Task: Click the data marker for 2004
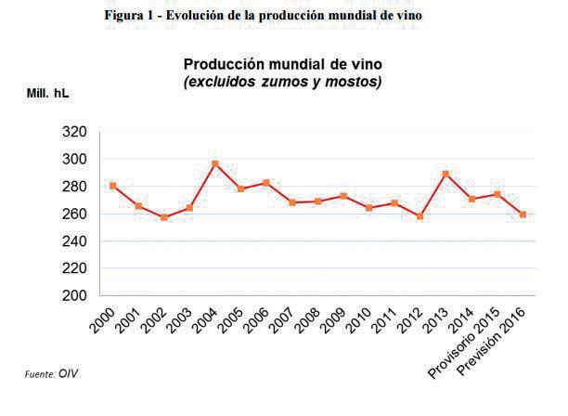(x=215, y=164)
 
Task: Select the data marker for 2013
(x=445, y=175)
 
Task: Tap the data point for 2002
(x=163, y=217)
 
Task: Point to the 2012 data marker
(x=420, y=216)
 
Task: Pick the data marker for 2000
(x=112, y=186)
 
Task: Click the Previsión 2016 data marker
(x=523, y=214)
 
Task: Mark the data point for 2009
(x=343, y=197)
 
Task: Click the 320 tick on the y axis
(x=74, y=132)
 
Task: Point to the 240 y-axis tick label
(x=74, y=241)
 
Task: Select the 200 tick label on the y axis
(x=74, y=295)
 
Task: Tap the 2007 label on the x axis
(x=281, y=320)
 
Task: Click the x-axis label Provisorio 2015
(x=463, y=343)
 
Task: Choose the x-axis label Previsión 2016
(x=491, y=342)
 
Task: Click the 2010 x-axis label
(x=358, y=320)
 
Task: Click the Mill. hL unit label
(x=48, y=93)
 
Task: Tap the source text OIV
(x=68, y=373)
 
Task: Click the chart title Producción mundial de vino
(x=283, y=64)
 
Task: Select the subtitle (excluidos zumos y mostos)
(x=283, y=82)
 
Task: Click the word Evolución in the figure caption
(x=195, y=15)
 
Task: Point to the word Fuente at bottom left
(x=40, y=374)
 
